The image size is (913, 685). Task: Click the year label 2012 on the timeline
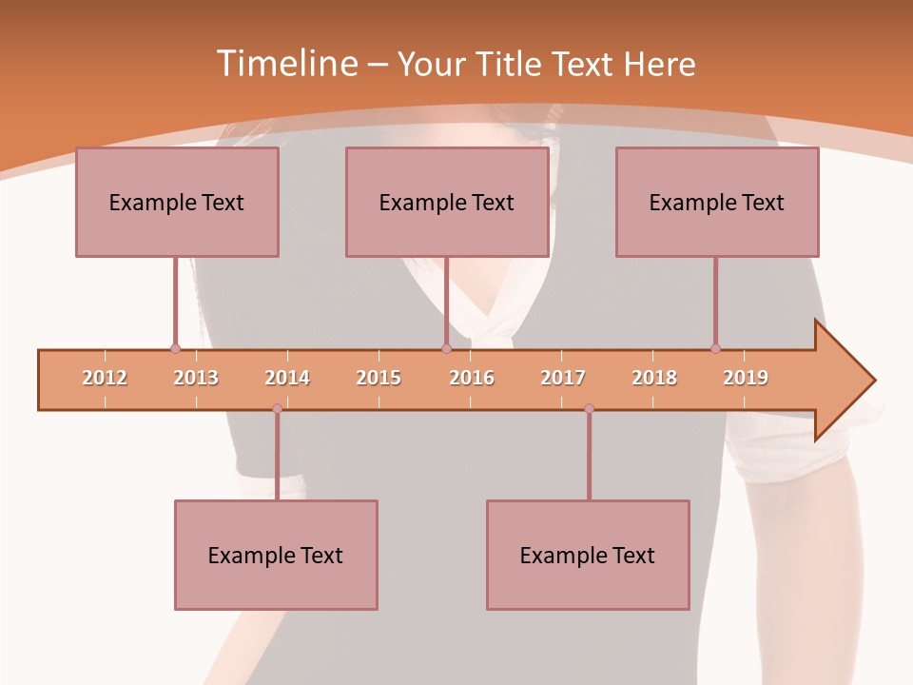105,378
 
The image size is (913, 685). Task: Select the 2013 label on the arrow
196,378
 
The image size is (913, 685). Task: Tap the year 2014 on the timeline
287,378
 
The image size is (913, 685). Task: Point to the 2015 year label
379,378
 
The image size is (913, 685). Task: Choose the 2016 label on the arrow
472,378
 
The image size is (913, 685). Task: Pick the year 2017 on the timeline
563,378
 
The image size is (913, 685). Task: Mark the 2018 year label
654,378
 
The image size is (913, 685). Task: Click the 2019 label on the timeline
746,378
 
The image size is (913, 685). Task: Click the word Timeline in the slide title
284,64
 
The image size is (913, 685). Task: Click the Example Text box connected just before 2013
177,202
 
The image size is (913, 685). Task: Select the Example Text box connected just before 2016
447,202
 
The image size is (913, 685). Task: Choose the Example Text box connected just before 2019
717,202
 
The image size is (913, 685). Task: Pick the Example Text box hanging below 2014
276,555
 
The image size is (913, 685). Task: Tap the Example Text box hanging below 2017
588,555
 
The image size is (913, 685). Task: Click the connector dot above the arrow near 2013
175,348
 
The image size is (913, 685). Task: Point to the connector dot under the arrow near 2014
277,409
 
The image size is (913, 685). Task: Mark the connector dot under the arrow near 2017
589,409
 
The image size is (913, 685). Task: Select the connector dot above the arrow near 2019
715,348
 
